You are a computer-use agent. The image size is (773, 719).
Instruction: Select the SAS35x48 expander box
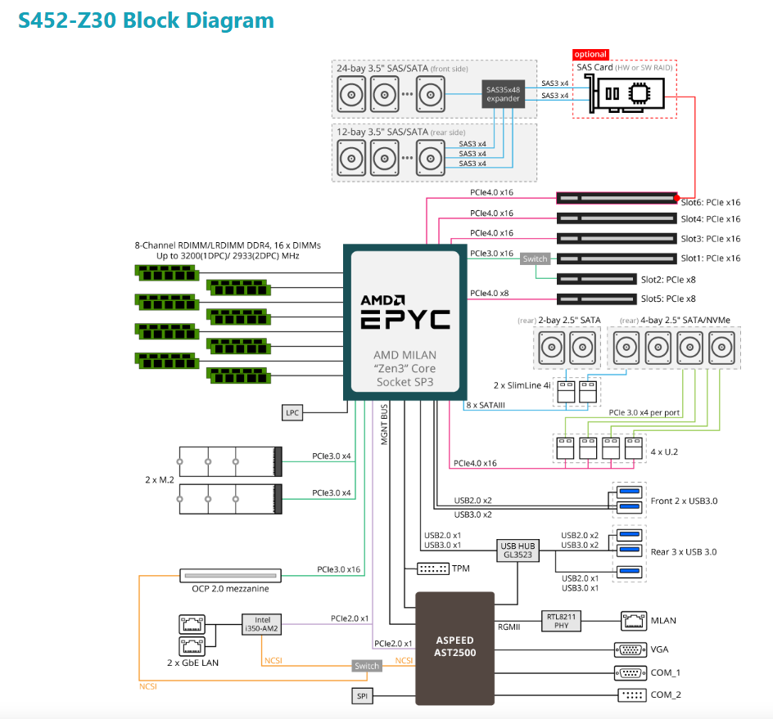click(x=503, y=94)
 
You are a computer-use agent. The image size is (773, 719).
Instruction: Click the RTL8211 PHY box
click(x=561, y=621)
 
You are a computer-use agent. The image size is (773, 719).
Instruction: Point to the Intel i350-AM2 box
click(x=262, y=624)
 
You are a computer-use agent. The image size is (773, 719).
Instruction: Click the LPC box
click(x=292, y=413)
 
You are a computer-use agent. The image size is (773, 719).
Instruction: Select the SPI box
click(x=362, y=695)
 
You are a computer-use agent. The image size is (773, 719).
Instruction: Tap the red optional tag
click(x=590, y=54)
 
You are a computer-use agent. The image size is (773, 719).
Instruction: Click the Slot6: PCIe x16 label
click(x=710, y=202)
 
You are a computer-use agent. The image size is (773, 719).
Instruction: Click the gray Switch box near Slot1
click(x=535, y=258)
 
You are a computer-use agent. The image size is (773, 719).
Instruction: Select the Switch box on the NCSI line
click(x=367, y=666)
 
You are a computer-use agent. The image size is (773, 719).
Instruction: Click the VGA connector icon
click(x=630, y=649)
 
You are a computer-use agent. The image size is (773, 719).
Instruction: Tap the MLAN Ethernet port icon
click(x=633, y=621)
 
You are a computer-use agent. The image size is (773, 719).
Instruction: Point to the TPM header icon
click(x=432, y=568)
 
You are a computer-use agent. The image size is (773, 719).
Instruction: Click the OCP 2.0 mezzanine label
click(x=224, y=589)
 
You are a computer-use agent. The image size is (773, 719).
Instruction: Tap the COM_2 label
click(x=666, y=694)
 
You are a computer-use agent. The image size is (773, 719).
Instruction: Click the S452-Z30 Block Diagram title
click(x=146, y=20)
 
